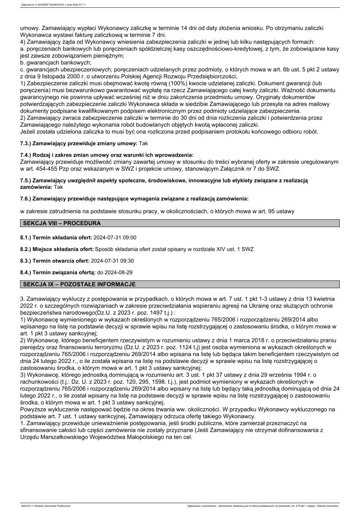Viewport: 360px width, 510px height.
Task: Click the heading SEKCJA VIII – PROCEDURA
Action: coord(61,223)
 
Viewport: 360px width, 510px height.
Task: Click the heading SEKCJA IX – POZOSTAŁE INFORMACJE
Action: coord(78,284)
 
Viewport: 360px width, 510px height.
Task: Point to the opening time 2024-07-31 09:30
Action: coord(112,261)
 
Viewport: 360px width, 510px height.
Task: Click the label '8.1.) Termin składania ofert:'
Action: coord(56,238)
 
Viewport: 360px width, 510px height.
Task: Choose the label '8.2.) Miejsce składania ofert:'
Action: coord(57,249)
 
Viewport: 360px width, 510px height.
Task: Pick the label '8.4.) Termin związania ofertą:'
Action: coord(58,272)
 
